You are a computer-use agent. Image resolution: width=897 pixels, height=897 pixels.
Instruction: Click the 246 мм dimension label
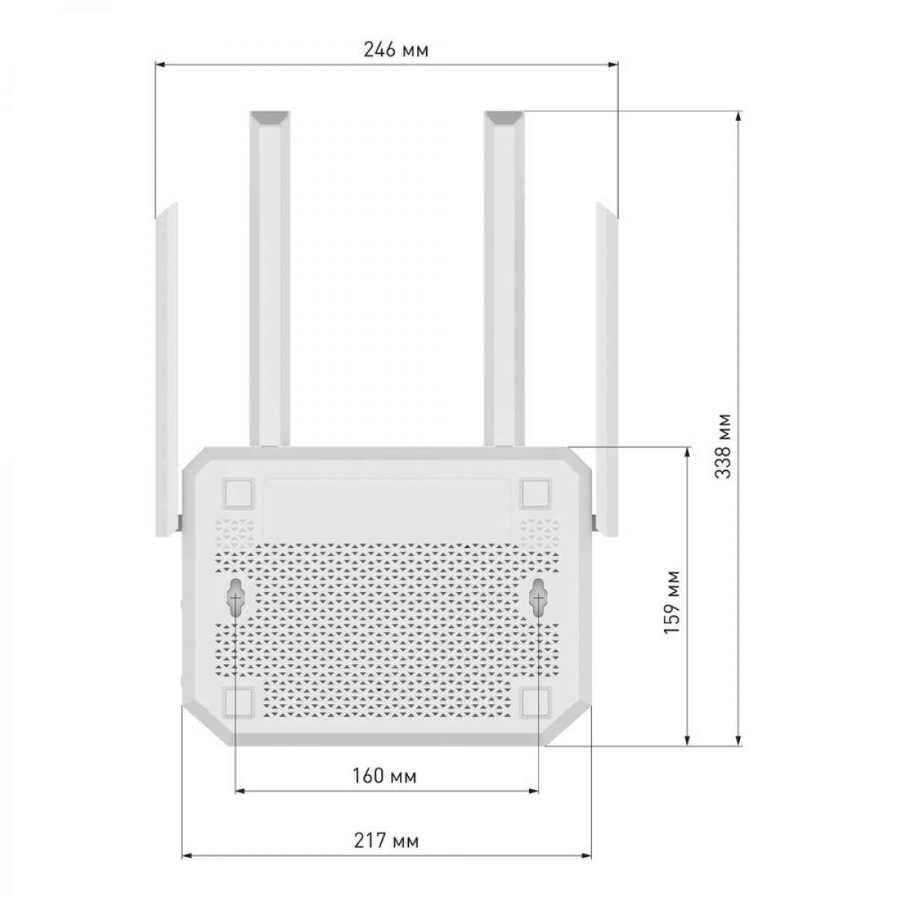click(395, 50)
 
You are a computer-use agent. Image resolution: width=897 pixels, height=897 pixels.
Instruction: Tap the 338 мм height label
click(724, 446)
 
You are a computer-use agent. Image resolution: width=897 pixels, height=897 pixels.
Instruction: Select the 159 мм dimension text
click(672, 601)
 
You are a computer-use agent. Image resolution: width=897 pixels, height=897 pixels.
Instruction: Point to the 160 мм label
click(384, 775)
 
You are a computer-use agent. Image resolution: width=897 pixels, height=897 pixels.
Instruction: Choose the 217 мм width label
click(386, 840)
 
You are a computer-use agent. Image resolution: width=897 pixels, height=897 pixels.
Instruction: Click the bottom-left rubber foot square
click(238, 715)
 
